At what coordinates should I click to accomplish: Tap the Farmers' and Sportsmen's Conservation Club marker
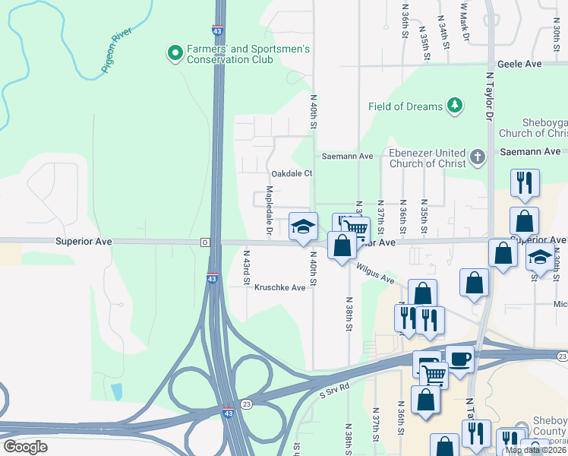[x=175, y=53]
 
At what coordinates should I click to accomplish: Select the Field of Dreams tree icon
[x=455, y=106]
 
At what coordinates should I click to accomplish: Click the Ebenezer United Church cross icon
[x=477, y=157]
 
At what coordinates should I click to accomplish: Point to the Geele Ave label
[x=519, y=65]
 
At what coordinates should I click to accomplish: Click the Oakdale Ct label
[x=292, y=173]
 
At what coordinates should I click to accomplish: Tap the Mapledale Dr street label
[x=269, y=208]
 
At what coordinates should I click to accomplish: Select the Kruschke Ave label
[x=279, y=287]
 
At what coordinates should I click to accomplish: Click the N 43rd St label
[x=246, y=266]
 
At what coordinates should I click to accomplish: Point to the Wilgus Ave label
[x=376, y=274]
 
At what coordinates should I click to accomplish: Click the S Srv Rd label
[x=334, y=387]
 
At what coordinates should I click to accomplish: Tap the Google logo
[x=25, y=447]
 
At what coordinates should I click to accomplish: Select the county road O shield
[x=204, y=242]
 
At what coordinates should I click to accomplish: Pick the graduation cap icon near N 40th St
[x=303, y=226]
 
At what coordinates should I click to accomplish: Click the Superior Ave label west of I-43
[x=84, y=242]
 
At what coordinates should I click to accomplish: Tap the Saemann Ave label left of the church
[x=347, y=156]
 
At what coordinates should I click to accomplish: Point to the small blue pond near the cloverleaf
[x=116, y=391]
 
